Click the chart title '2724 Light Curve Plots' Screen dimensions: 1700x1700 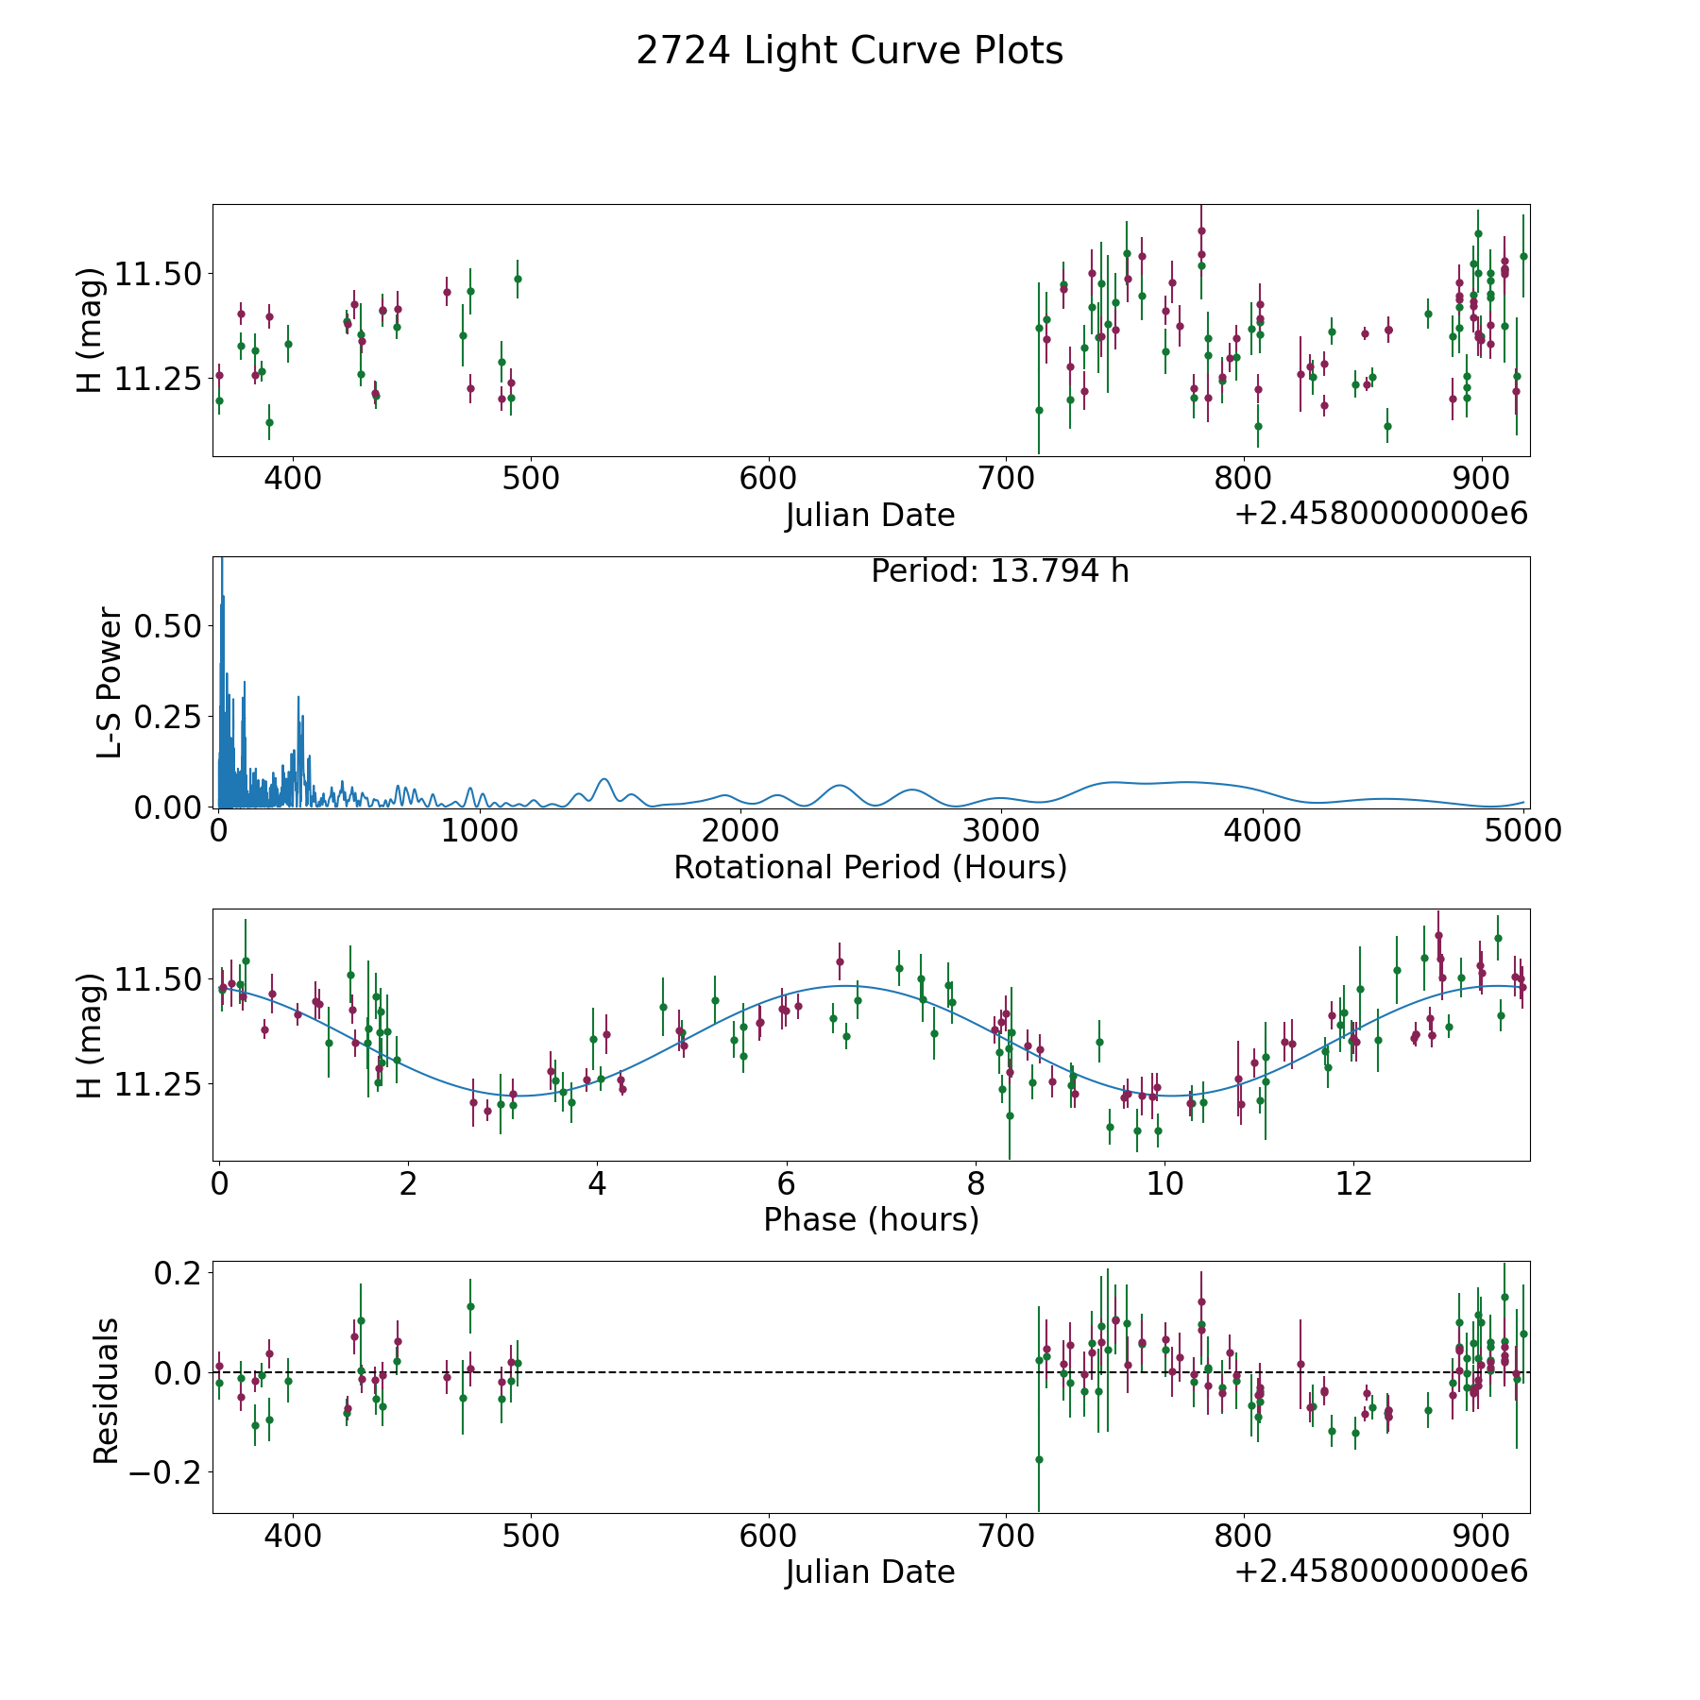(x=849, y=51)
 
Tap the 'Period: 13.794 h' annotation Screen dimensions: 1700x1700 (x=999, y=571)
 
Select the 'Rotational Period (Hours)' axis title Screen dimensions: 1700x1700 (x=870, y=867)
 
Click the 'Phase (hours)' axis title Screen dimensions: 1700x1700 (x=871, y=1219)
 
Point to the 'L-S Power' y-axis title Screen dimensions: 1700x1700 (x=110, y=683)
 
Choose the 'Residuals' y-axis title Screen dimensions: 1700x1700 (x=106, y=1391)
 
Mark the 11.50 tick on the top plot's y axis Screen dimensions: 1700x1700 (x=157, y=275)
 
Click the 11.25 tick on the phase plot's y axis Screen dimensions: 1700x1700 (x=157, y=1084)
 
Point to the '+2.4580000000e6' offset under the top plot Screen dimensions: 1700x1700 (x=1382, y=513)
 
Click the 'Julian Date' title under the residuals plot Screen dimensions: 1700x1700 (x=870, y=1572)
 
